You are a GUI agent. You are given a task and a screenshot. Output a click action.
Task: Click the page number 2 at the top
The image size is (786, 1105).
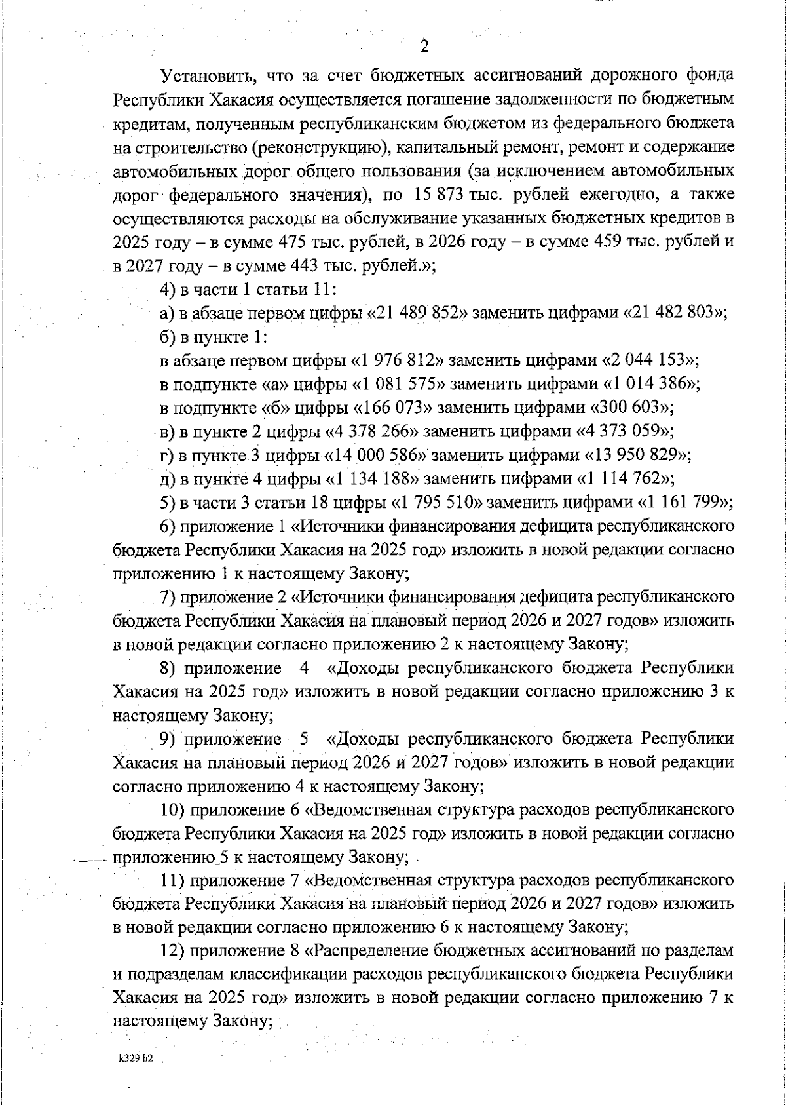(424, 47)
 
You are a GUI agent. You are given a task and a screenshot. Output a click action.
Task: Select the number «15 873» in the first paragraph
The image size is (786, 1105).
(440, 195)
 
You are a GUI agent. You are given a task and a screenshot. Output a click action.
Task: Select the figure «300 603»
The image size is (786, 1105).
(629, 407)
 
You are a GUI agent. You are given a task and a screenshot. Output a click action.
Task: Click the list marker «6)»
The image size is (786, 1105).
(168, 526)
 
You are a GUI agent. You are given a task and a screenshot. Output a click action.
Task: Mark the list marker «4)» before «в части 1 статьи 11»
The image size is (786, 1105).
(168, 290)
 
